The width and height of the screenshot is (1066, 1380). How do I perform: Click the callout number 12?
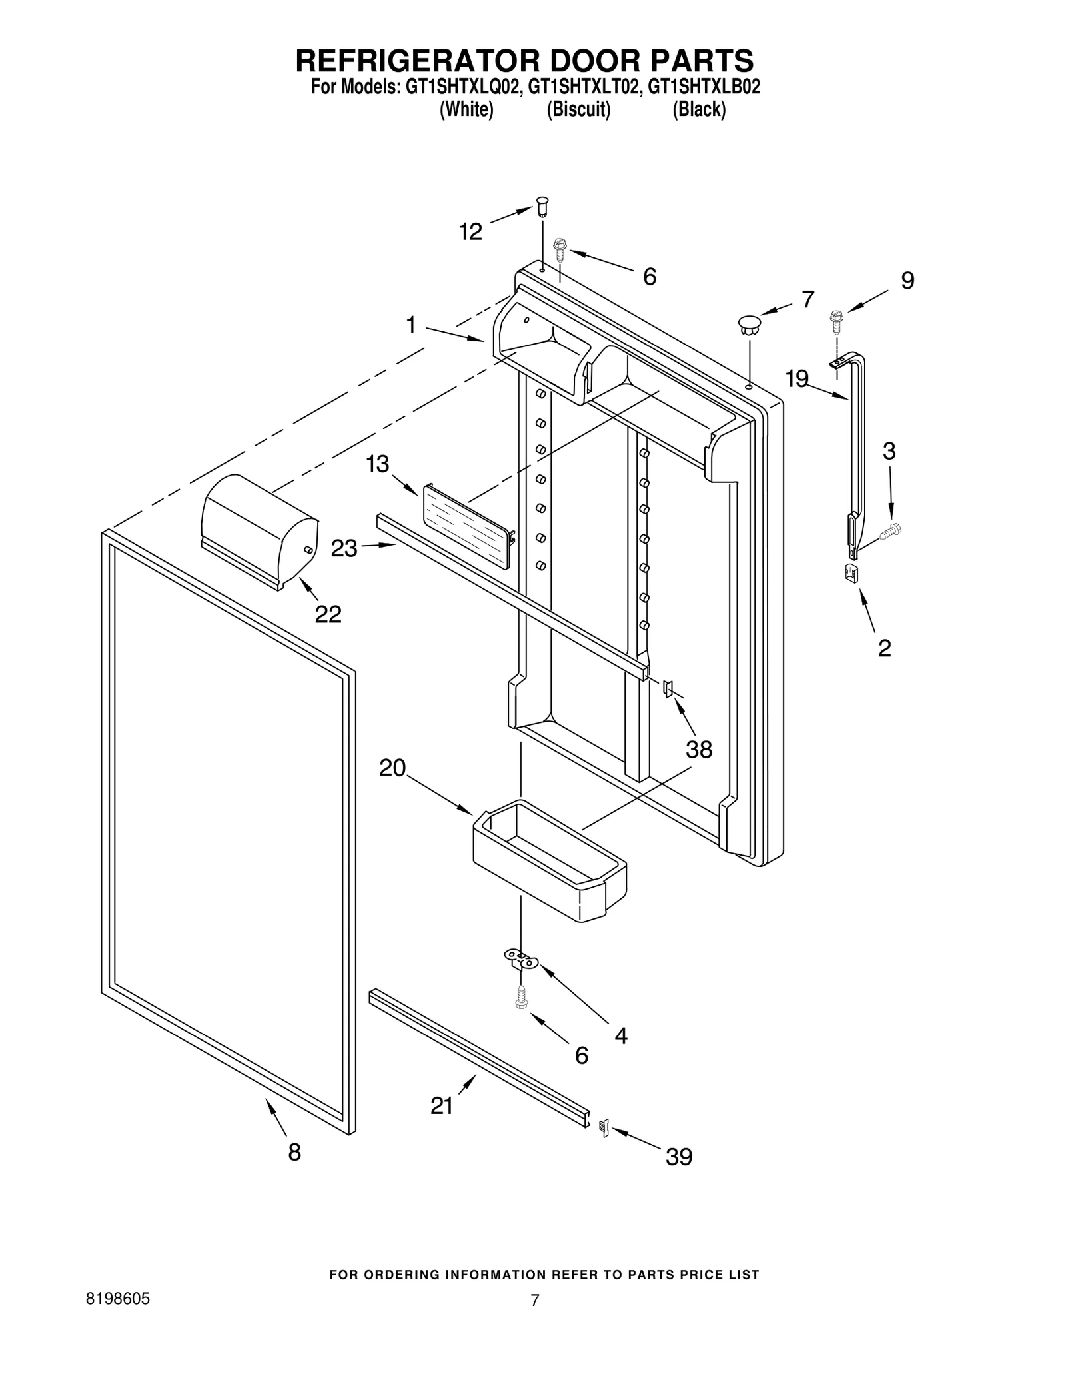coord(470,231)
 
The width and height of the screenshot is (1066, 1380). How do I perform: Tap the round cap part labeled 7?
coord(749,326)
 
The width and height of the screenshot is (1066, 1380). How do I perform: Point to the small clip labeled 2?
coord(851,572)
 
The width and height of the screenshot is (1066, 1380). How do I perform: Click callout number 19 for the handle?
coord(796,379)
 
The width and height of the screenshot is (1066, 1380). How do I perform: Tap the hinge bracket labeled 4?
coord(522,960)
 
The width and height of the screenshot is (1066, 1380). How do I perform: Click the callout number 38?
coord(699,750)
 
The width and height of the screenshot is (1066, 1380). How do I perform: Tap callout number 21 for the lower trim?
coord(442,1105)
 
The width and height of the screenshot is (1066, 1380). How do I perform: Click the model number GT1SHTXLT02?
coord(578,87)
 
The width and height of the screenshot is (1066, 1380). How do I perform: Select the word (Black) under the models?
coord(698,109)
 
